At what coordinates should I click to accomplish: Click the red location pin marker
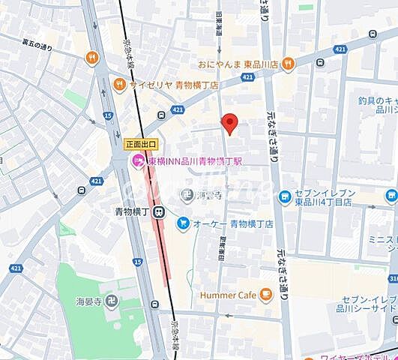[230, 123]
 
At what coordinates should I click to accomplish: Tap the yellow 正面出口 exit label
[141, 144]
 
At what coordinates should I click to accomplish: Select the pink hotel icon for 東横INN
[138, 161]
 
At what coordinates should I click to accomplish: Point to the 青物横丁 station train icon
[159, 212]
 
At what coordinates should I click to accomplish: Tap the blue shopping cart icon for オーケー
[183, 223]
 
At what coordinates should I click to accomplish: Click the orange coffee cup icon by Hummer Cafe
[265, 294]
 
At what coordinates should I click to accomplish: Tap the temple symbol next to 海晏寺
[111, 302]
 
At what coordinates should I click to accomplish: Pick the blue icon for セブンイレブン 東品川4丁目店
[285, 197]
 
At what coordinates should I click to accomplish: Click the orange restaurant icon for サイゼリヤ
[119, 85]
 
